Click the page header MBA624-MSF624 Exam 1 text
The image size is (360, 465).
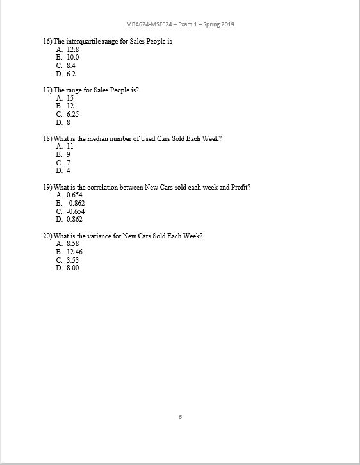pyautogui.click(x=180, y=24)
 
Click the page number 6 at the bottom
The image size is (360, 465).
pyautogui.click(x=180, y=417)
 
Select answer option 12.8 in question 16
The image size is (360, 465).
pyautogui.click(x=72, y=49)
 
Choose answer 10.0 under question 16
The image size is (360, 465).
pyautogui.click(x=72, y=57)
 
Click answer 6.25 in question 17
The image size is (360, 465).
pyautogui.click(x=72, y=114)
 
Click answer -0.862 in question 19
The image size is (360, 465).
pyautogui.click(x=76, y=203)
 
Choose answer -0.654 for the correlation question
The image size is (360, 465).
pyautogui.click(x=76, y=211)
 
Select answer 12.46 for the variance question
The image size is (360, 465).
pyautogui.click(x=74, y=252)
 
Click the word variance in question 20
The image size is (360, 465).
pyautogui.click(x=106, y=236)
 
